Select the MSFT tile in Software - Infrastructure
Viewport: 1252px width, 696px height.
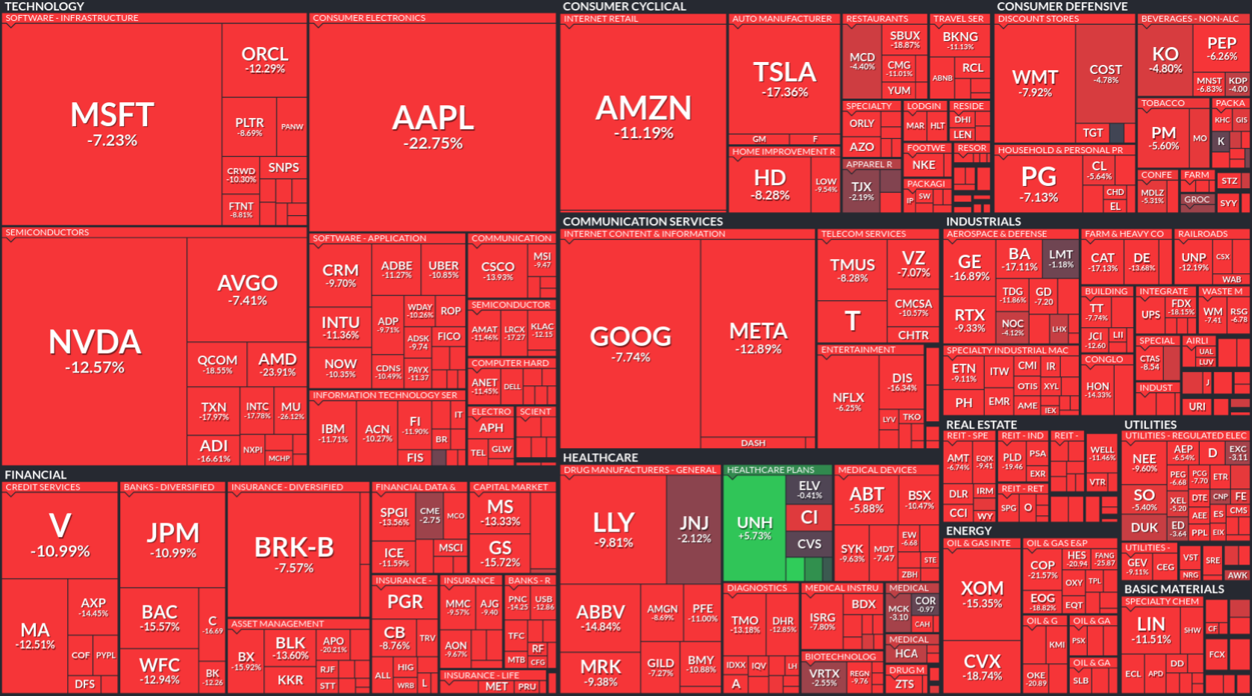pos(112,124)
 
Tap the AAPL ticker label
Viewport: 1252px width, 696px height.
pos(433,118)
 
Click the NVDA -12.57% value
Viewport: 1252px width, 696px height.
pos(95,367)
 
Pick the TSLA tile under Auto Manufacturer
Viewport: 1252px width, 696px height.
pos(784,78)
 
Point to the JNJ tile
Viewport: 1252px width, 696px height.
pos(694,529)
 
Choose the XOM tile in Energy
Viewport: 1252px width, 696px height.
pos(982,594)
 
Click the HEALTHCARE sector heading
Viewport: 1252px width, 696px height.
pos(601,458)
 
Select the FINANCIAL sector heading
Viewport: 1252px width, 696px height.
pos(36,475)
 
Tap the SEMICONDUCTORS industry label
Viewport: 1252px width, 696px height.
pos(47,233)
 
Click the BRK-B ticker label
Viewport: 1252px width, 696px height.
pos(294,547)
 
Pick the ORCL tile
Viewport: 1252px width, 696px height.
pos(265,60)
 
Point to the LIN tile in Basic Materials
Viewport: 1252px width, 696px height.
pos(1151,630)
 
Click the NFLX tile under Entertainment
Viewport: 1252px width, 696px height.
pos(848,401)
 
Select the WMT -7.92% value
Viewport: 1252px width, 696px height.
pos(1035,93)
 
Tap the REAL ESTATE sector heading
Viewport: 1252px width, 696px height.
pos(981,425)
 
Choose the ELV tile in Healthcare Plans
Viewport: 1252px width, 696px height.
pos(809,489)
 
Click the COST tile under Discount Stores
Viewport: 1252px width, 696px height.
pos(1105,73)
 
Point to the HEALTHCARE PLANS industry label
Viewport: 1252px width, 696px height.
pos(770,470)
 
